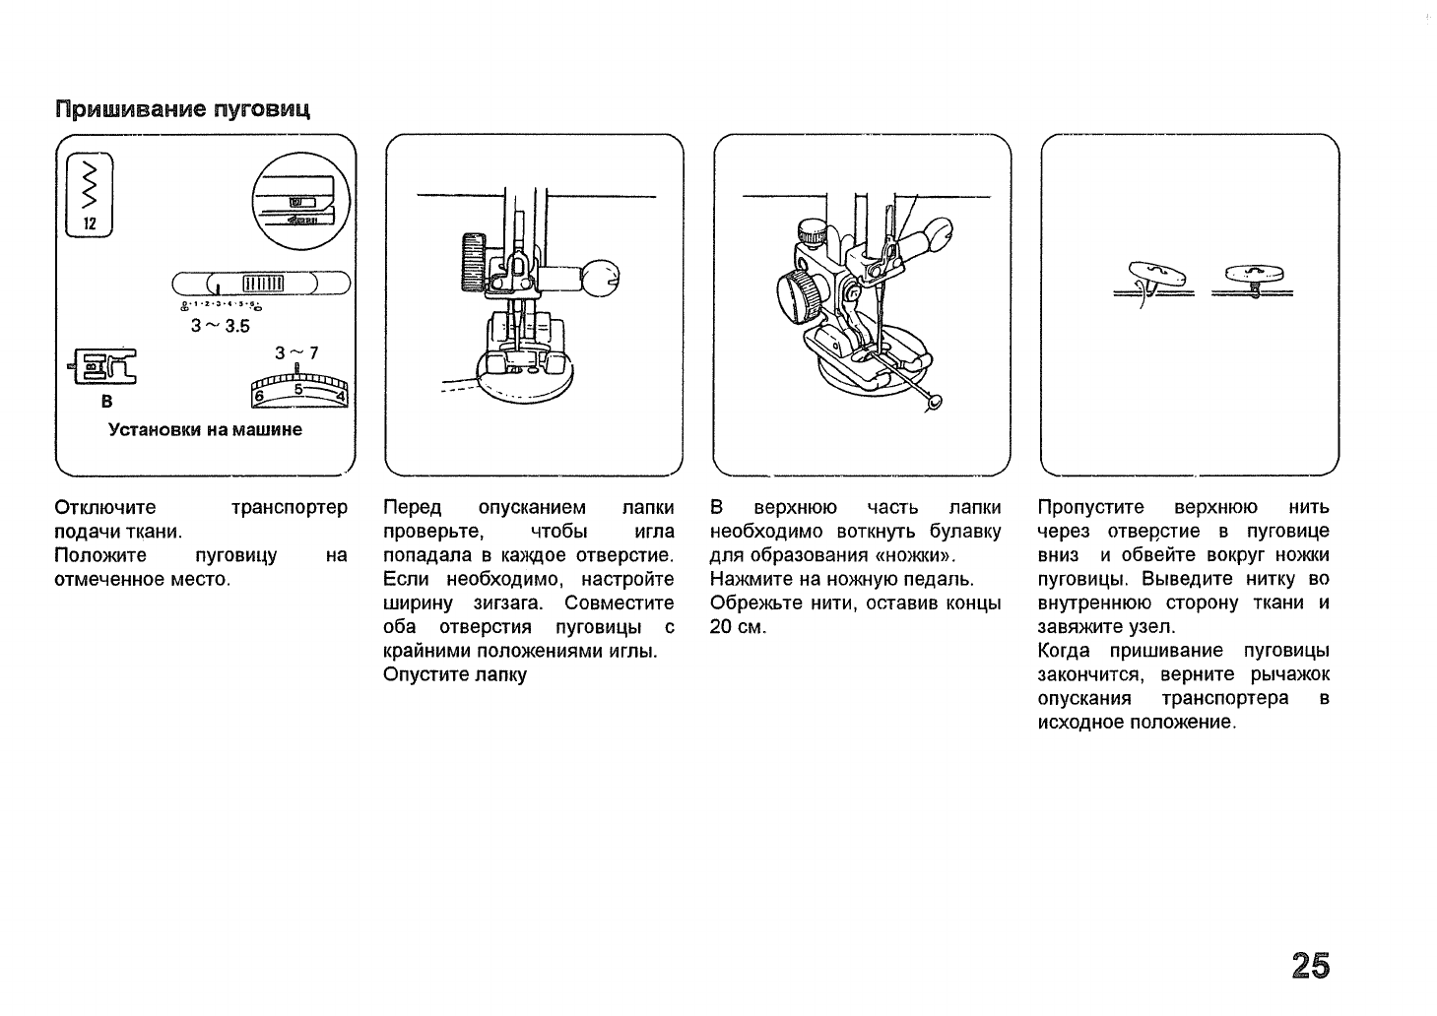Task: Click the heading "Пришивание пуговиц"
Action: click(x=182, y=108)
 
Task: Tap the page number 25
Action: click(x=1310, y=966)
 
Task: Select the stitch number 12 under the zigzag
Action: click(x=90, y=223)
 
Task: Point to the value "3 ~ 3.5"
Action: click(x=220, y=327)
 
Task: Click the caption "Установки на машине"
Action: click(x=205, y=430)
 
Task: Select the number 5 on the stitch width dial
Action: click(x=298, y=389)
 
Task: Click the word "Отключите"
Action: click(x=105, y=508)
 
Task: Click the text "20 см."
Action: click(x=738, y=627)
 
